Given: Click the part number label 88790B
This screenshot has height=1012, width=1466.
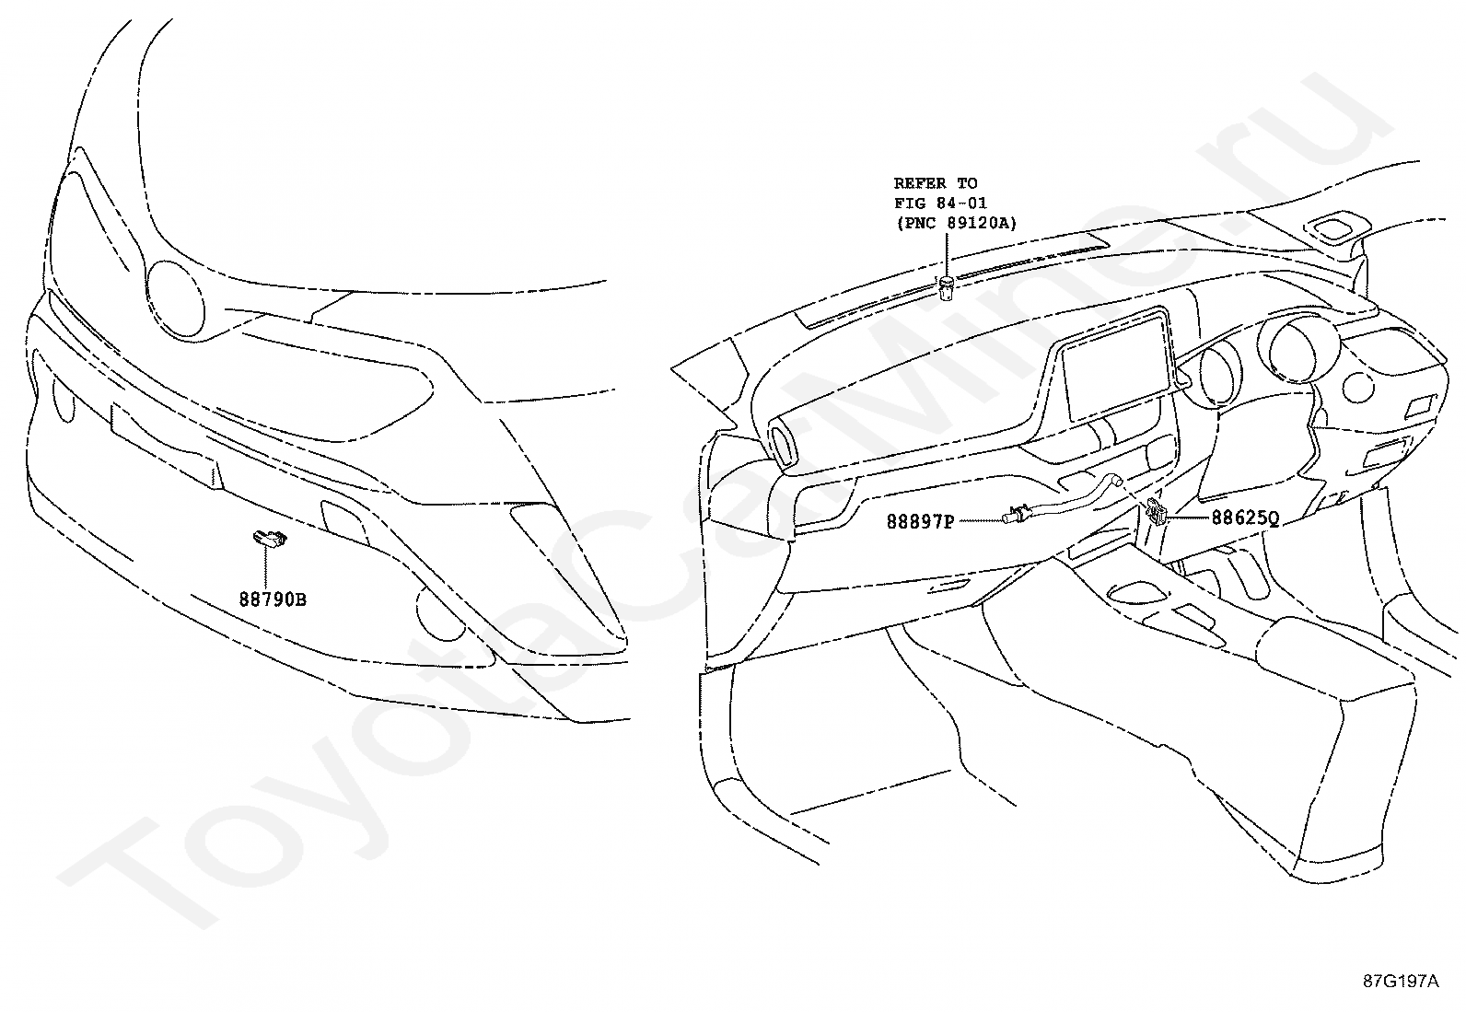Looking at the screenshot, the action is click(x=272, y=599).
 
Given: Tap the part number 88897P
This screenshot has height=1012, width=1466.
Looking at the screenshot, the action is click(x=919, y=522).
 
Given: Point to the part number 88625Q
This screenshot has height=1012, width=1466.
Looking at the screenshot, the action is click(x=1244, y=518).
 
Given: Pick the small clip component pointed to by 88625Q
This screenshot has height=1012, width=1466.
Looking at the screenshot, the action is click(x=1157, y=513).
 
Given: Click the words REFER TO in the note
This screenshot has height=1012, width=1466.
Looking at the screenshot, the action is click(x=935, y=183).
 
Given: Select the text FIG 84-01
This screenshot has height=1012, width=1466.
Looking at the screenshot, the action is click(x=940, y=203).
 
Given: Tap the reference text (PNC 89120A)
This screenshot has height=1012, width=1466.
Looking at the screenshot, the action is click(x=955, y=222).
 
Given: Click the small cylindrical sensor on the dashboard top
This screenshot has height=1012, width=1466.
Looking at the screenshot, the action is click(x=946, y=288).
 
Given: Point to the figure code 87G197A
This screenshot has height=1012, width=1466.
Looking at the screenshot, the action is click(x=1400, y=982).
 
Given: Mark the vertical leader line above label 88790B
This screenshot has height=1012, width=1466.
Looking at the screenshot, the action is click(x=271, y=569).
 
